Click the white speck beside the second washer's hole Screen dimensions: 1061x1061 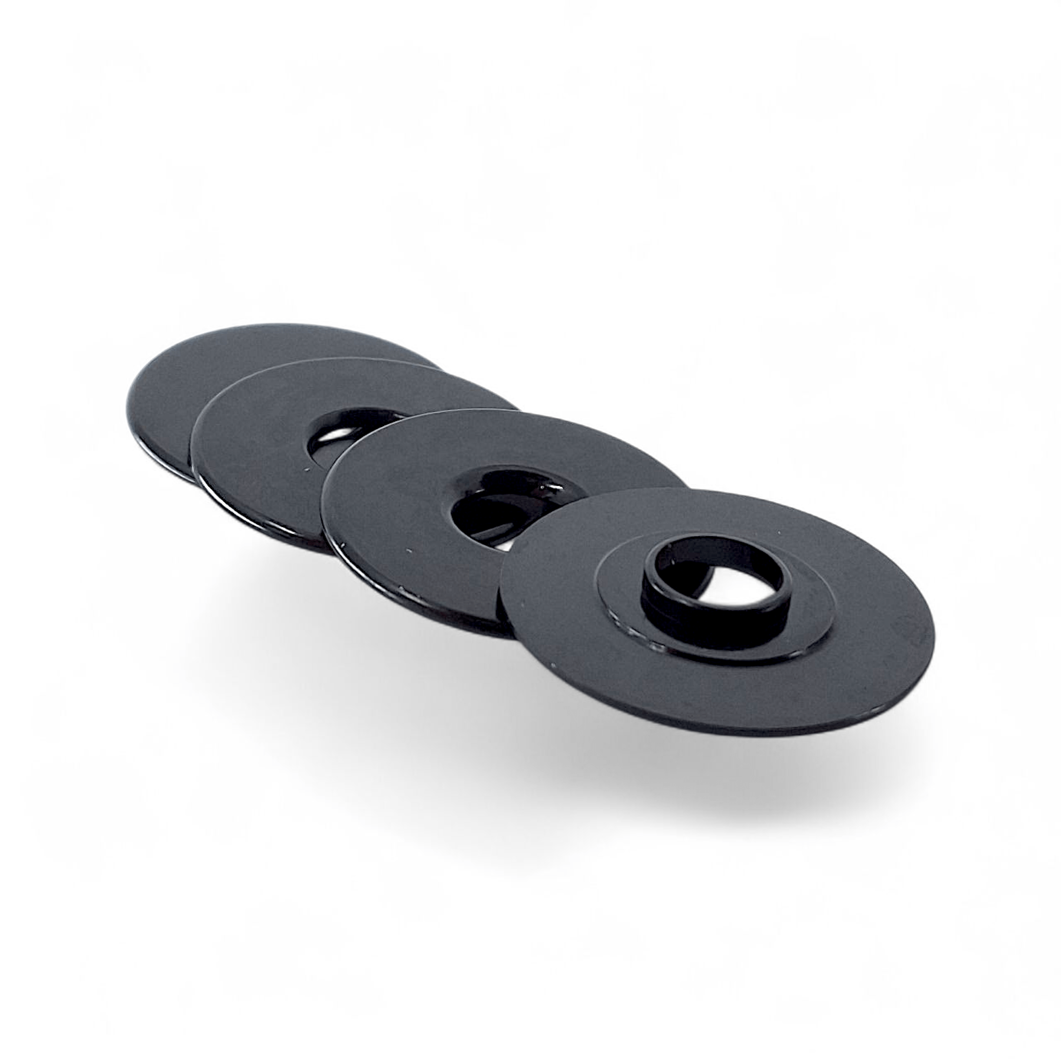[x=306, y=469]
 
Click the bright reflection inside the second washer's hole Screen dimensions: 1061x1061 [x=335, y=434]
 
